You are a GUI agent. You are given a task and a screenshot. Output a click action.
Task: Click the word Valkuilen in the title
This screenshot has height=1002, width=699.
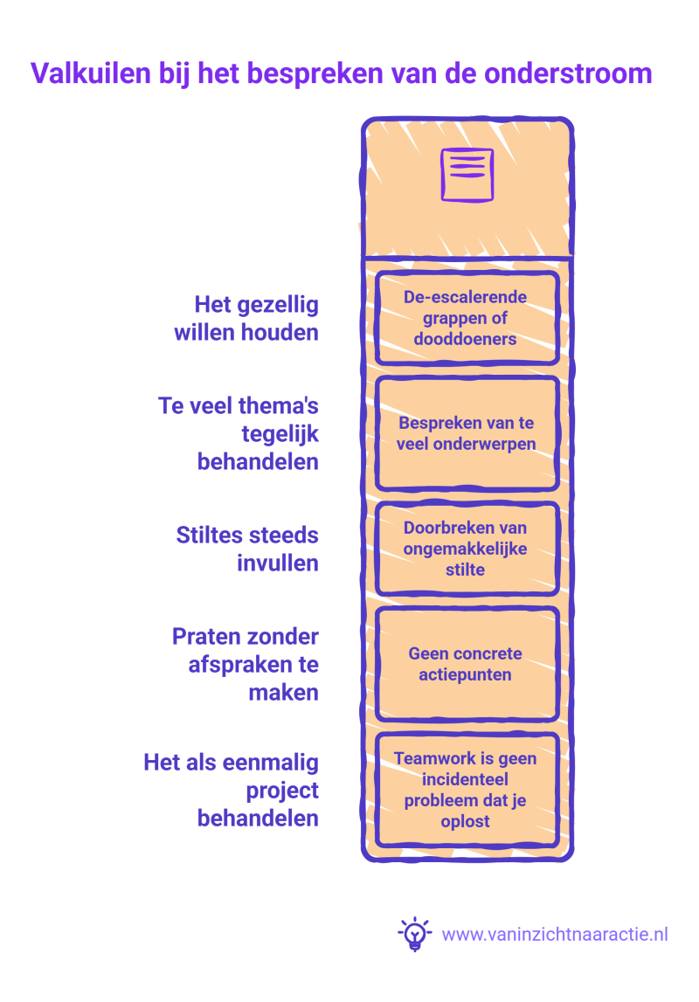tap(91, 73)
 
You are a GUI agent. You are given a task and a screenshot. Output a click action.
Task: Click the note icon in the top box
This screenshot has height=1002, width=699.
tap(467, 175)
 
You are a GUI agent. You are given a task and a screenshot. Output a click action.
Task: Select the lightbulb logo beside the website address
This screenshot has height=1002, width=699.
tap(415, 934)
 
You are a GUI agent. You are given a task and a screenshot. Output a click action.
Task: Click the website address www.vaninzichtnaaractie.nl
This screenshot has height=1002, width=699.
tap(555, 934)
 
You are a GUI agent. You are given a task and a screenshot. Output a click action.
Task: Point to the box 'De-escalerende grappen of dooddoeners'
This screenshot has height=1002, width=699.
tap(467, 318)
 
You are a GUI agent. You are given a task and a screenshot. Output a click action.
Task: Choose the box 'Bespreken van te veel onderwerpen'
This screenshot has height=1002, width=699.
tap(467, 433)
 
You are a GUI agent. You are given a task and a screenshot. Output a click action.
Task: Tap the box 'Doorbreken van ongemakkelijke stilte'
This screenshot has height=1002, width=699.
tap(467, 549)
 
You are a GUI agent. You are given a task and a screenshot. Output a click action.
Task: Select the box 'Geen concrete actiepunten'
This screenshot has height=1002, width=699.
tap(467, 664)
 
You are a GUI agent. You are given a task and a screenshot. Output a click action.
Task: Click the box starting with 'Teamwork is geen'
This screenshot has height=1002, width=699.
tap(467, 790)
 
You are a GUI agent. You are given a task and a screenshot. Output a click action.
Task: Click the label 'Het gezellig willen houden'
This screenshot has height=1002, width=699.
tap(246, 318)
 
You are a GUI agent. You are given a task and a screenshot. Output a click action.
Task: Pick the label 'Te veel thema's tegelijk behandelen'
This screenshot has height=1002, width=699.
tap(239, 433)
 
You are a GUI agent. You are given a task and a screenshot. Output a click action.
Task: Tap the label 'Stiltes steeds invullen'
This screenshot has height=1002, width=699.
tap(247, 549)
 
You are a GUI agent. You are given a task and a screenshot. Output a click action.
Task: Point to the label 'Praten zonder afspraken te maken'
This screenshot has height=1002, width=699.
tap(246, 664)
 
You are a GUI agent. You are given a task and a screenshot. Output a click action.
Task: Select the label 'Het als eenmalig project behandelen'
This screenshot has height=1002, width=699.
tap(232, 790)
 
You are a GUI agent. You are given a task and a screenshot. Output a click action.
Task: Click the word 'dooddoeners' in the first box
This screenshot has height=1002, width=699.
tap(465, 339)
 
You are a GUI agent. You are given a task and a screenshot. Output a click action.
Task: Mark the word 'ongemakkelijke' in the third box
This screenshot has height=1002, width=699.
tap(465, 549)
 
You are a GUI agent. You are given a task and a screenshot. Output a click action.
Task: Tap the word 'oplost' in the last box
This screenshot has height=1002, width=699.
tap(465, 821)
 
